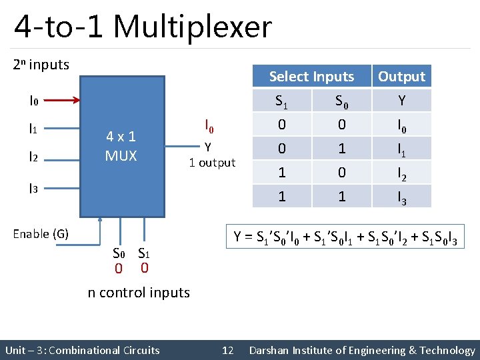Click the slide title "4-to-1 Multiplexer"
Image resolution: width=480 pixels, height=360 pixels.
(x=143, y=27)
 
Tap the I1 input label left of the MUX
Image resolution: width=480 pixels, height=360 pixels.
(x=33, y=129)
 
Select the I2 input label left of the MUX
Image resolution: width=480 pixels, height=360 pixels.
(x=33, y=157)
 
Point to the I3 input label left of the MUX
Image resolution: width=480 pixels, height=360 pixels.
(x=33, y=189)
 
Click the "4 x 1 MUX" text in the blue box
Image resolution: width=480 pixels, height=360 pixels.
(x=121, y=147)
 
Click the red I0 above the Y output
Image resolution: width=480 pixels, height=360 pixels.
(x=209, y=125)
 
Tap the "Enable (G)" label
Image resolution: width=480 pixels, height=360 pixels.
(x=41, y=233)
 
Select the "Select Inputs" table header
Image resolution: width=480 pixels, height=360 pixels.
(x=311, y=77)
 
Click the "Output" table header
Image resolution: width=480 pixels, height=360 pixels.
(x=401, y=77)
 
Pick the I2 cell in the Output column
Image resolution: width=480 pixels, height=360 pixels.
(x=401, y=173)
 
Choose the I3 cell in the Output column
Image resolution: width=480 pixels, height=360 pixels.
(x=401, y=197)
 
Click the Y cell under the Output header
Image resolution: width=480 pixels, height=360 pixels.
(x=401, y=101)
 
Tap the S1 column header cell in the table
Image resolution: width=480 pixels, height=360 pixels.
(x=281, y=101)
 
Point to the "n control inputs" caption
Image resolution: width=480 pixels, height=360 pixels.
(x=139, y=292)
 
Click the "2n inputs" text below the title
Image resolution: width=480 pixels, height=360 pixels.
(x=41, y=65)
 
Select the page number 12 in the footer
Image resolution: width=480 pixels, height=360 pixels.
(x=227, y=350)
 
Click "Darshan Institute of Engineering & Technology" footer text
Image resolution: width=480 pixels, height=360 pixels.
(x=361, y=350)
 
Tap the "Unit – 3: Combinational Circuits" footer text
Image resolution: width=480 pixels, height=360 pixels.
(x=82, y=350)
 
